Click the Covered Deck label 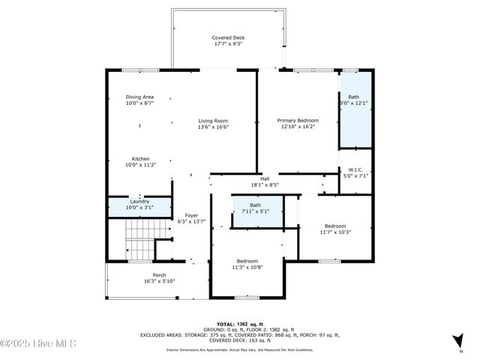point(228,37)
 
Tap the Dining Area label point(139,97)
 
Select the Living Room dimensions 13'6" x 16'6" point(213,127)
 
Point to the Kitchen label point(140,159)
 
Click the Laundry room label point(139,201)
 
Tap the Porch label point(138,275)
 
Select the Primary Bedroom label point(298,120)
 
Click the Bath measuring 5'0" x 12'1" point(353,100)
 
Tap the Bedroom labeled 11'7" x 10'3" point(335,229)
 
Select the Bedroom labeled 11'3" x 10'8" point(247,264)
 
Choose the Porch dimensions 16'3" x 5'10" point(138,282)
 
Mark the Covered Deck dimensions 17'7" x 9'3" point(228,44)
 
